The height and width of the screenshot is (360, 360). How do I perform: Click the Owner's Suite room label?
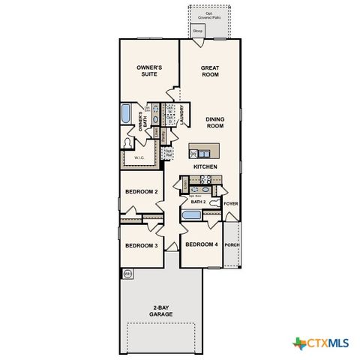pyautogui.click(x=150, y=71)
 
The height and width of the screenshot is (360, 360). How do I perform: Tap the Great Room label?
pyautogui.click(x=210, y=71)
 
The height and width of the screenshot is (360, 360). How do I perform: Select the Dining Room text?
pyautogui.click(x=215, y=122)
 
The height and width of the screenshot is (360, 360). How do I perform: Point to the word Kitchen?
pyautogui.click(x=205, y=166)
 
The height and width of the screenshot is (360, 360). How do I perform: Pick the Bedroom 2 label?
pyautogui.click(x=141, y=192)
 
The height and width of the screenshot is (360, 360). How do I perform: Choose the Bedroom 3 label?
pyautogui.click(x=141, y=246)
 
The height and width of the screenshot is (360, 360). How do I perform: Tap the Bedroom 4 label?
pyautogui.click(x=201, y=245)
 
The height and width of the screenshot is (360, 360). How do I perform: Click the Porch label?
pyautogui.click(x=232, y=244)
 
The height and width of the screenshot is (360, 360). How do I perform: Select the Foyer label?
pyautogui.click(x=231, y=203)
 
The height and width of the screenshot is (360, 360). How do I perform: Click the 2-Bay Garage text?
pyautogui.click(x=161, y=310)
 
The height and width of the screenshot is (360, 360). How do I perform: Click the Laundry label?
pyautogui.click(x=182, y=115)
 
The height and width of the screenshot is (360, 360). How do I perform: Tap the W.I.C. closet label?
pyautogui.click(x=139, y=158)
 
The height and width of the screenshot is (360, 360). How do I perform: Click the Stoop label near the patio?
pyautogui.click(x=198, y=31)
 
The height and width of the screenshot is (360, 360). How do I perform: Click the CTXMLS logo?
pyautogui.click(x=321, y=343)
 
